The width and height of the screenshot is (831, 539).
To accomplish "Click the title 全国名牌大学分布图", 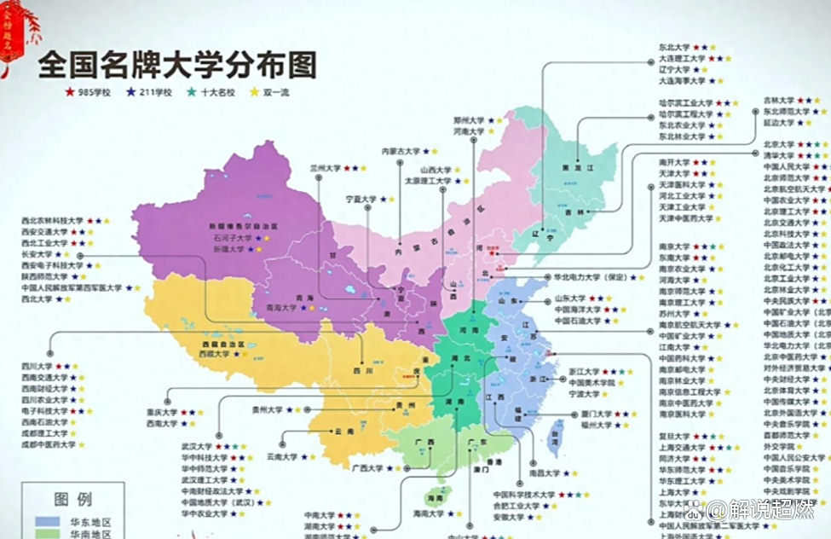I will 177,65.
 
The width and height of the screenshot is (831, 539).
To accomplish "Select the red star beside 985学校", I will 70,92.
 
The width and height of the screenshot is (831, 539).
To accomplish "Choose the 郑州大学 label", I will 468,121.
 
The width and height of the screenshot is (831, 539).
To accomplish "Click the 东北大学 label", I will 673,48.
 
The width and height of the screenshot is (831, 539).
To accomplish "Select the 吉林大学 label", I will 778,101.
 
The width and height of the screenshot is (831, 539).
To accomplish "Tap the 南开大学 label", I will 673,162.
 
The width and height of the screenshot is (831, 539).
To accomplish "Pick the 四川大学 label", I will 38,366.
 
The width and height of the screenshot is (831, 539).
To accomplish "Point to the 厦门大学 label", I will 596,414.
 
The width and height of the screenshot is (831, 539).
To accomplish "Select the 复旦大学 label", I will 673,436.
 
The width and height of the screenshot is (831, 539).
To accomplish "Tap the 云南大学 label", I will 282,457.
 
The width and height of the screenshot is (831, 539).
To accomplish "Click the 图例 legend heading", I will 73,500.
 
